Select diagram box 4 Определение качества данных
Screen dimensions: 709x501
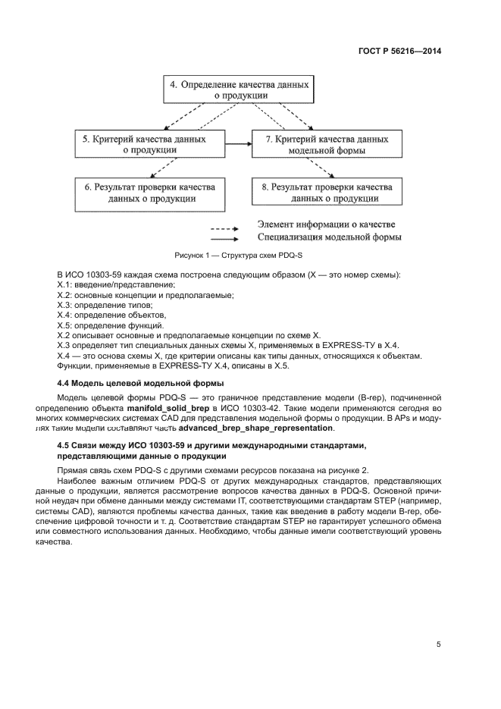[x=238, y=90]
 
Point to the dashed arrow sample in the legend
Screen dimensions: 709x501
[x=225, y=227]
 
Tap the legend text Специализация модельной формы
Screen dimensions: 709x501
[x=329, y=237]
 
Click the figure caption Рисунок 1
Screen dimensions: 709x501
[x=236, y=256]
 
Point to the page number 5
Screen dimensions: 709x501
[x=438, y=645]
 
